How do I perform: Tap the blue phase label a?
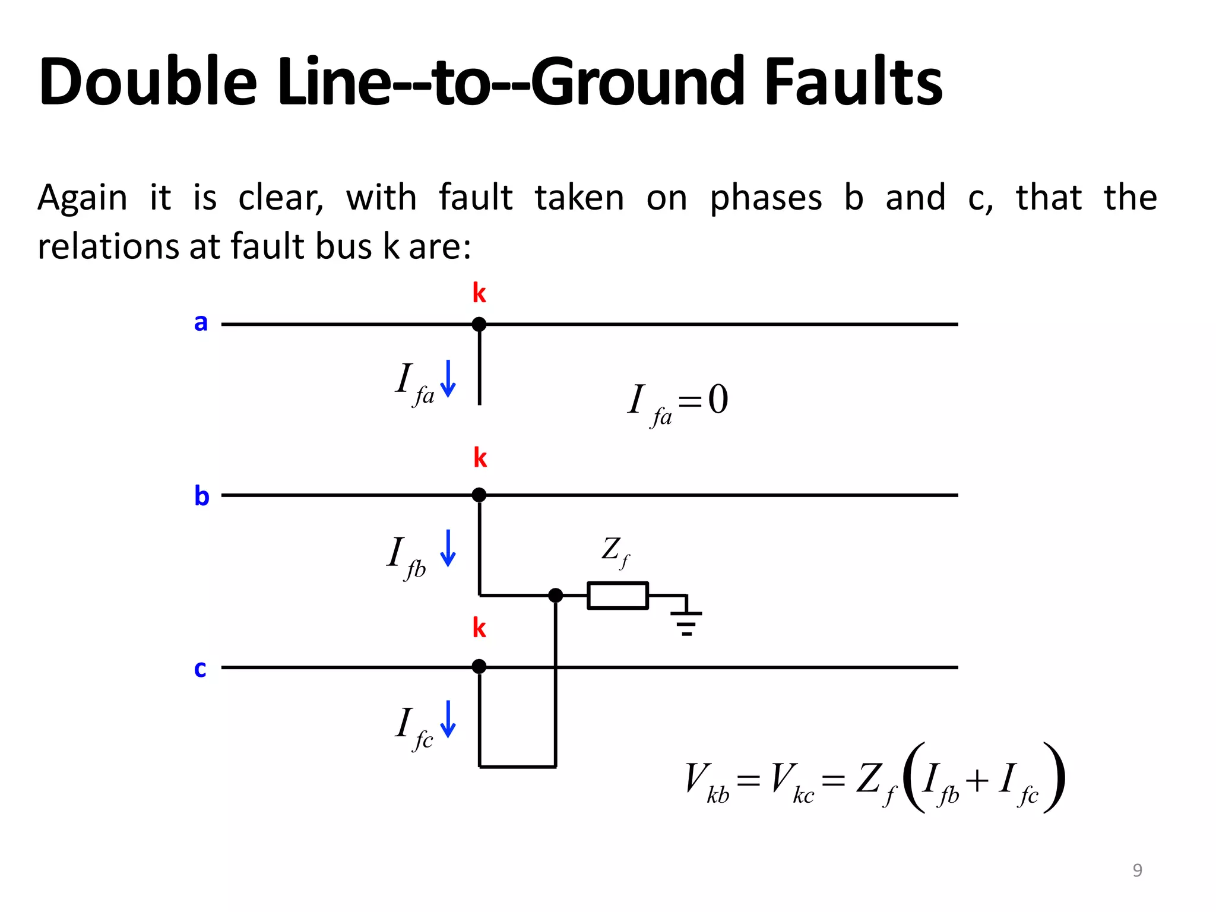click(x=201, y=322)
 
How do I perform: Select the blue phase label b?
click(x=202, y=495)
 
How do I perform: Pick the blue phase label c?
click(x=200, y=669)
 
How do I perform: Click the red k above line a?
click(x=479, y=293)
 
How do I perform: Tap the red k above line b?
click(x=480, y=458)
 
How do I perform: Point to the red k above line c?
click(x=479, y=628)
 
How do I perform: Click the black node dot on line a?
click(x=479, y=324)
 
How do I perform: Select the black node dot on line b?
click(x=479, y=495)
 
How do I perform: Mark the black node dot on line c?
click(x=479, y=667)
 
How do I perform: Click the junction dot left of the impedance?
click(x=555, y=595)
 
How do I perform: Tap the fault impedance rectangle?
click(x=617, y=596)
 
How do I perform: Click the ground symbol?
click(x=686, y=620)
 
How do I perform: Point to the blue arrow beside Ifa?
click(x=448, y=378)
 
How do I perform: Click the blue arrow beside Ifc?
click(x=448, y=719)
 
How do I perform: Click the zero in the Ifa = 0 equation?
click(x=718, y=400)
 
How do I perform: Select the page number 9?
click(x=1137, y=870)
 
